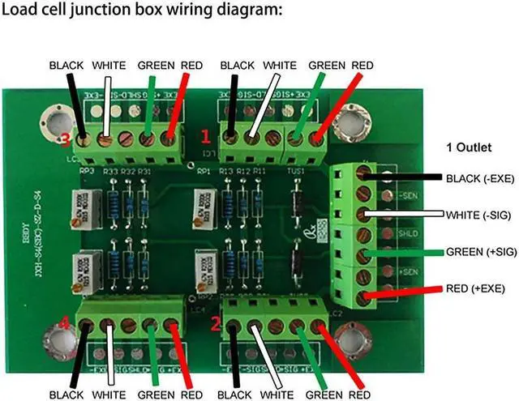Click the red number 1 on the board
pyautogui.click(x=206, y=134)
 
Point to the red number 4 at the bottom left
pyautogui.click(x=65, y=326)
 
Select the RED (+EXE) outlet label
pyautogui.click(x=475, y=288)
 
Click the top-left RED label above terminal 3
pyautogui.click(x=191, y=65)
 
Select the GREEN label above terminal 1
pyautogui.click(x=327, y=65)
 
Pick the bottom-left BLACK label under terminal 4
pyautogui.click(x=67, y=395)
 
